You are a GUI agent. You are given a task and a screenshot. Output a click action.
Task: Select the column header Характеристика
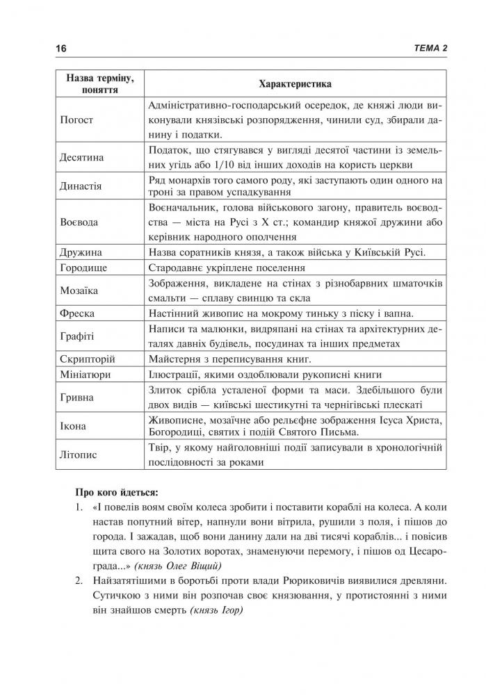(294, 84)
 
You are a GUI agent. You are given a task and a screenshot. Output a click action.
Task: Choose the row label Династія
(81, 186)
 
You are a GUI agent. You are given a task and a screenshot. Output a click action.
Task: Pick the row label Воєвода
(80, 223)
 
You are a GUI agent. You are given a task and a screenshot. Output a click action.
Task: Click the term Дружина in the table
(81, 252)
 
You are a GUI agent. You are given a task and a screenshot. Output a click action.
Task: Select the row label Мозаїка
(80, 289)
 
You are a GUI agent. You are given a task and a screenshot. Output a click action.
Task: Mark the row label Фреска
(78, 313)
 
